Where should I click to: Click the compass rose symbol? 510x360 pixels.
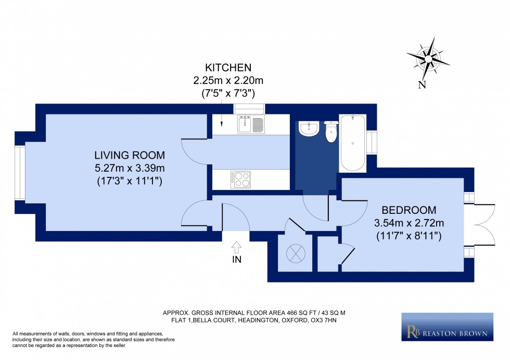[428, 58]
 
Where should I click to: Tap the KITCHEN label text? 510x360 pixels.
[228, 68]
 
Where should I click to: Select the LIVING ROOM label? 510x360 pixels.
[130, 155]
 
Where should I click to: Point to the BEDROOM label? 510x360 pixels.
[409, 210]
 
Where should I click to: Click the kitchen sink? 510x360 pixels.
[251, 124]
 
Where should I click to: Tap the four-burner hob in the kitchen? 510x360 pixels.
[240, 180]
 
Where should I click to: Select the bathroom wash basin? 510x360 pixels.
[309, 129]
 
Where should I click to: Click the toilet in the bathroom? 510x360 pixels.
[330, 133]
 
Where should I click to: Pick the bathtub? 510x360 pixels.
[352, 143]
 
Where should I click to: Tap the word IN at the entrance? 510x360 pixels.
[237, 260]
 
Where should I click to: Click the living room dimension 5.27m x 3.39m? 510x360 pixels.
[130, 169]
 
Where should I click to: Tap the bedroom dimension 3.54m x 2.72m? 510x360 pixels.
[409, 223]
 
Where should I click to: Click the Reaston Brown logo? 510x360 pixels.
[447, 327]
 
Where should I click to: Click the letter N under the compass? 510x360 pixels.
[422, 85]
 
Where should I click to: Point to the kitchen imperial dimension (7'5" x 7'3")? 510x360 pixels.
[228, 93]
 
